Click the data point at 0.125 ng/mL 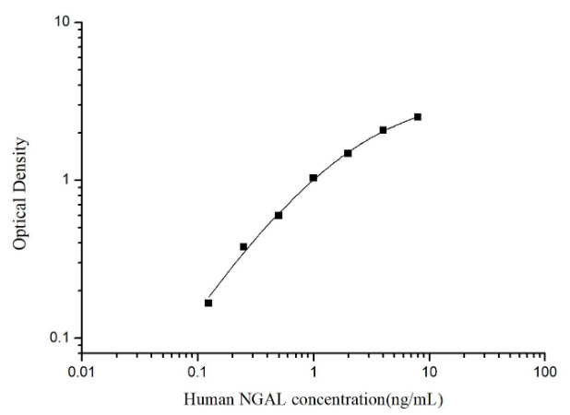[208, 302]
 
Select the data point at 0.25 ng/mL [243, 246]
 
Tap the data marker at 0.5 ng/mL [279, 215]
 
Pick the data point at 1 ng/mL [314, 177]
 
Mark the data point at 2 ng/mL [348, 153]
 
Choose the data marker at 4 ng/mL [383, 130]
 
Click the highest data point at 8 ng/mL [418, 117]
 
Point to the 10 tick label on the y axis [64, 22]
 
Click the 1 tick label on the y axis [67, 180]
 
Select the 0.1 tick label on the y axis [62, 338]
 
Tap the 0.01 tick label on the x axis [81, 372]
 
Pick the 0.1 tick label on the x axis [197, 372]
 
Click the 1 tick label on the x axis [314, 372]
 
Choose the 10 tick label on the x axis [429, 372]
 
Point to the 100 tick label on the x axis [545, 372]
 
